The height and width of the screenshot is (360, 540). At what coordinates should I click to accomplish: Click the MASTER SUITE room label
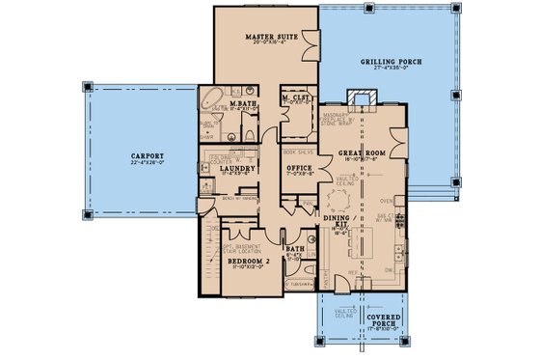(x=263, y=37)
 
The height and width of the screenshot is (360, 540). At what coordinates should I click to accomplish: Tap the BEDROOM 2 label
(x=236, y=262)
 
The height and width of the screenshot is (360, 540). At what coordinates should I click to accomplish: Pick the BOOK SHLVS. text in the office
(x=296, y=152)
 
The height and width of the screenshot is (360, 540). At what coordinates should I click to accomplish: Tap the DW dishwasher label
(x=390, y=271)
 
